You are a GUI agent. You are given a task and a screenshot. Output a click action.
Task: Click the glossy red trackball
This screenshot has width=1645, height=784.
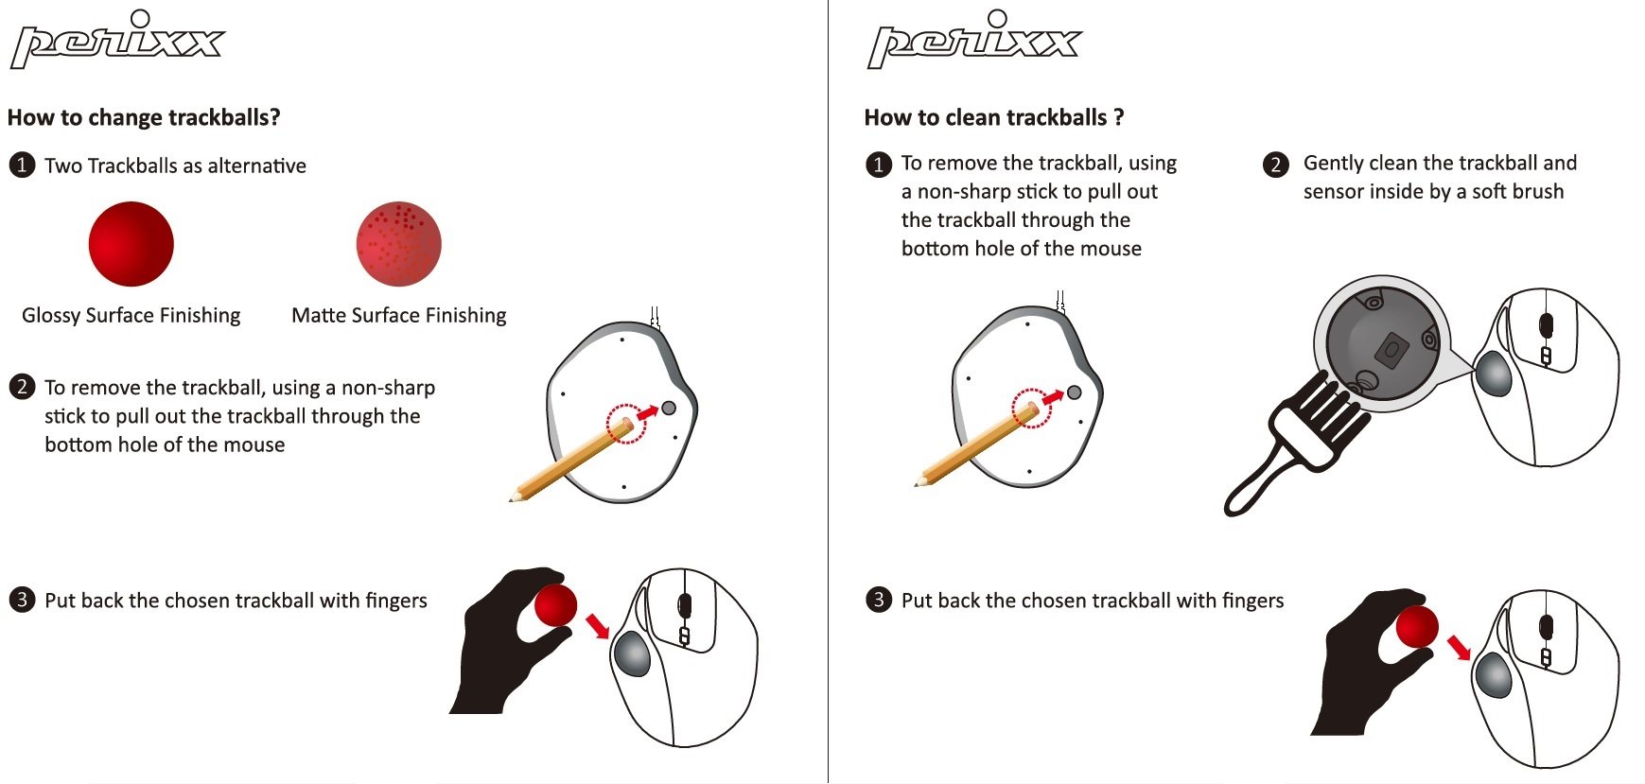(x=131, y=244)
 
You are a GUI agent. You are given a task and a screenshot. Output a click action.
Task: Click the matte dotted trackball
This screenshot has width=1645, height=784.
(x=398, y=244)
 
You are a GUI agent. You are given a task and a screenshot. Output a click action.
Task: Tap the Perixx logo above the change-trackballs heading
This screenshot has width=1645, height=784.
(x=117, y=40)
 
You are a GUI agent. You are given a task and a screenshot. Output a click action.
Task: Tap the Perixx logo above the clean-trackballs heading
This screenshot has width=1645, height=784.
(x=974, y=40)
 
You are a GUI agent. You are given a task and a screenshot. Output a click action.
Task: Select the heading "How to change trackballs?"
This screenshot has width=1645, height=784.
(x=144, y=117)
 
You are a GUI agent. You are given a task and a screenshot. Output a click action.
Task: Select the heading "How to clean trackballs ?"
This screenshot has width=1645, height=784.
(x=994, y=117)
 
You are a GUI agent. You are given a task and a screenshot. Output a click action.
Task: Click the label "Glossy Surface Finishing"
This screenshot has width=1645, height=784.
(x=131, y=315)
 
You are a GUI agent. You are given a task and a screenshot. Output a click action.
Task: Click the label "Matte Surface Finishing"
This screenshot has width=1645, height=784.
(x=399, y=315)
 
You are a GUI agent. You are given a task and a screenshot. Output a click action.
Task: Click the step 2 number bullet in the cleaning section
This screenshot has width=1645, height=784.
(x=1276, y=165)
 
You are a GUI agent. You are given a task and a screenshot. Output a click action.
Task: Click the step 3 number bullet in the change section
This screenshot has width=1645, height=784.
(x=22, y=600)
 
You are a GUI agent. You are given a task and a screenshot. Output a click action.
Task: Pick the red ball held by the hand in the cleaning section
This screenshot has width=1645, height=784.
(x=1417, y=627)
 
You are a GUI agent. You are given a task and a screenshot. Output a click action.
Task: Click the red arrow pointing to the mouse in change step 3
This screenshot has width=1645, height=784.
(x=597, y=625)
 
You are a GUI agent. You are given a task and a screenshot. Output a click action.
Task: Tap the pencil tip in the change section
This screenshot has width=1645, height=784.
(x=512, y=497)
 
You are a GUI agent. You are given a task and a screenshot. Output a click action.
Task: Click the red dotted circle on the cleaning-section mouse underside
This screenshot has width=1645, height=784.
(x=1032, y=409)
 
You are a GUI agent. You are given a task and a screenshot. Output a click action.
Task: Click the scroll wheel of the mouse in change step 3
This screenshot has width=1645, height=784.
(x=685, y=606)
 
